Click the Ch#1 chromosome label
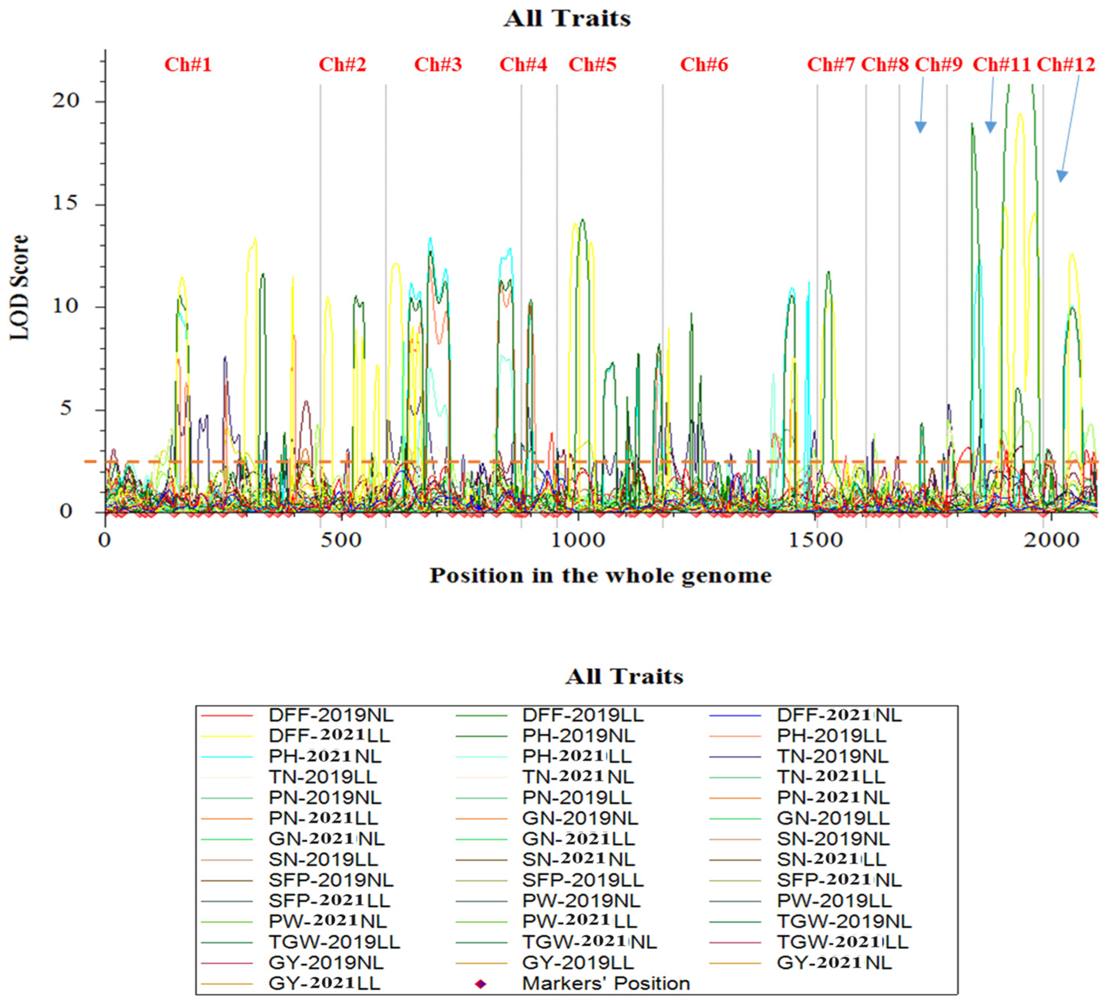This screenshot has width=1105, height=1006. coord(188,65)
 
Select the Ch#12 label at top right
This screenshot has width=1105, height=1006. coord(1066,65)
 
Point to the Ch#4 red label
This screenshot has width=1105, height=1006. coord(523,65)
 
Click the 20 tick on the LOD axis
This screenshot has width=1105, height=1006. coord(66,101)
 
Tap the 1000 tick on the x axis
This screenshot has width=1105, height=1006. coord(577,540)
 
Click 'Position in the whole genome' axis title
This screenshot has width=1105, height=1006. coord(600,575)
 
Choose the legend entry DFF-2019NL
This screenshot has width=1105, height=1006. coord(330,715)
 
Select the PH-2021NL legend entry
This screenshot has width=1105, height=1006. coord(324,756)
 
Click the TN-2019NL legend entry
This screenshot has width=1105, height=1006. coord(832,756)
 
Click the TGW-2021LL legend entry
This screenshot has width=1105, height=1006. coord(842,942)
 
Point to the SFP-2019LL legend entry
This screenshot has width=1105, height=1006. coord(583,880)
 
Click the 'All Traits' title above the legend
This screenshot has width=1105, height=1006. coord(624,676)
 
